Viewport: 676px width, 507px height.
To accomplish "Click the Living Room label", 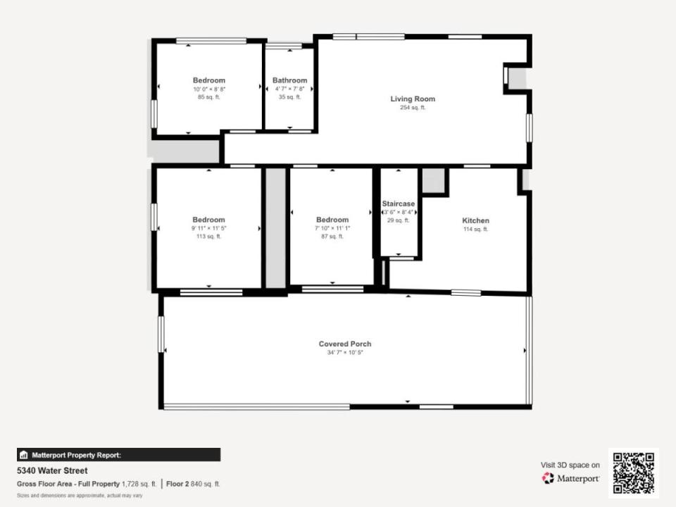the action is pyautogui.click(x=413, y=99).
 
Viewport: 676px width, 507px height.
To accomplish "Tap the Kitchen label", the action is pyautogui.click(x=475, y=220).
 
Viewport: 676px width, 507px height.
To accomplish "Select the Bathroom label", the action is pyautogui.click(x=289, y=80).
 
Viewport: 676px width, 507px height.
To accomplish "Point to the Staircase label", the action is pyautogui.click(x=399, y=204).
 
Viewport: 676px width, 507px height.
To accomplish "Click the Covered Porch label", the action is pyautogui.click(x=345, y=344).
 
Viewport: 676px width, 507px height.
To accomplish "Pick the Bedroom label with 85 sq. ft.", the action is pyautogui.click(x=209, y=80).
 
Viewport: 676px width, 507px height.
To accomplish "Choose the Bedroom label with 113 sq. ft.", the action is pyautogui.click(x=208, y=220).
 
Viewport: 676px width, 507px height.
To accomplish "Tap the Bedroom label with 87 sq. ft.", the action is pyautogui.click(x=332, y=220).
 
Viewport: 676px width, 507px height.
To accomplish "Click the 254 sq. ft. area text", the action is pyautogui.click(x=413, y=107).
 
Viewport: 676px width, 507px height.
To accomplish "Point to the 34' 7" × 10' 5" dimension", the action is pyautogui.click(x=345, y=352).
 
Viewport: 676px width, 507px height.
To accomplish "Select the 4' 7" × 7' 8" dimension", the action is pyautogui.click(x=289, y=89).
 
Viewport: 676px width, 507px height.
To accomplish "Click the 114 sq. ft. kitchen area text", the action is pyautogui.click(x=475, y=229).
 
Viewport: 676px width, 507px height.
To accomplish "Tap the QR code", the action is pyautogui.click(x=634, y=473).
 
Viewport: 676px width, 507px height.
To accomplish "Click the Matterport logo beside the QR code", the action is pyautogui.click(x=570, y=478).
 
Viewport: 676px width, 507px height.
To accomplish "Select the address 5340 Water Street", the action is pyautogui.click(x=52, y=470).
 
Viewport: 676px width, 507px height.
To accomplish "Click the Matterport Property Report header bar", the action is pyautogui.click(x=118, y=455).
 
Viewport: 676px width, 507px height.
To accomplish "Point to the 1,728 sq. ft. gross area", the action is pyautogui.click(x=139, y=484).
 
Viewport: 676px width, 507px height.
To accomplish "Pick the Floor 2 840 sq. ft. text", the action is pyautogui.click(x=193, y=484).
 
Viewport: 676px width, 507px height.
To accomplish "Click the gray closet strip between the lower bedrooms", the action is pyautogui.click(x=275, y=227).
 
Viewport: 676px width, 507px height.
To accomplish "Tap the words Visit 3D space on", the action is pyautogui.click(x=570, y=465).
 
